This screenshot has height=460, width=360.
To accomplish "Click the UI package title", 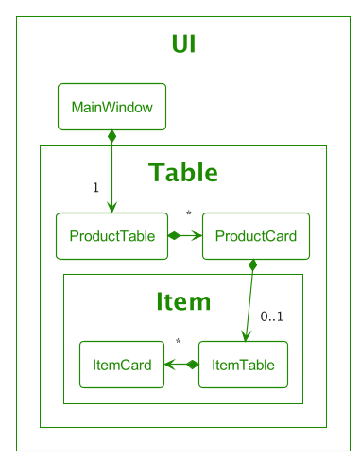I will tap(184, 44).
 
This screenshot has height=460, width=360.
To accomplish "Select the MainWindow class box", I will tap(111, 107).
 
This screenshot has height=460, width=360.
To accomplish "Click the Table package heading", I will tap(183, 173).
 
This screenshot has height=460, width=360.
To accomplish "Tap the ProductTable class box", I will tap(111, 236).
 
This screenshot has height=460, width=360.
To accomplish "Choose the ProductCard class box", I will tap(256, 236).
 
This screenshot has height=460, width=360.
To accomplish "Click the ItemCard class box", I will tap(122, 364).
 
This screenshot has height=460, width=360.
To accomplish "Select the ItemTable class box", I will tap(243, 364).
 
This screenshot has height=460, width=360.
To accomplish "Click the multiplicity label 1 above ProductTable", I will tap(95, 187).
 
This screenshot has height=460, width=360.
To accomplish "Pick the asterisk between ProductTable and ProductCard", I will tap(189, 214).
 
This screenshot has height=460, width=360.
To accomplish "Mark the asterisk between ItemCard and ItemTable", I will tap(178, 343).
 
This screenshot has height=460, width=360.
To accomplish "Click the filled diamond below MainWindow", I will tap(111, 137).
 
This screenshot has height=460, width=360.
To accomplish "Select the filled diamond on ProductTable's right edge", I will tap(174, 236).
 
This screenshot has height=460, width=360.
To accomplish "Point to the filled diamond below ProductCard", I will tap(252, 266).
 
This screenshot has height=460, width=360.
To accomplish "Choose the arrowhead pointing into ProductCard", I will tap(197, 236).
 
